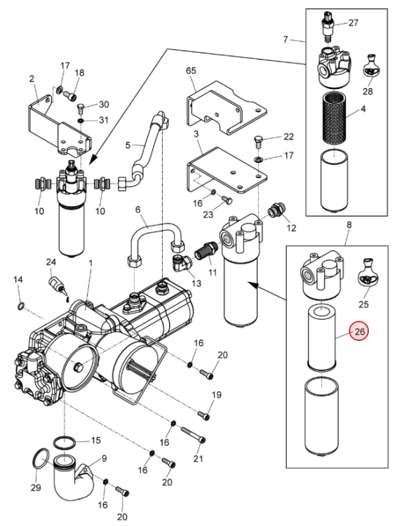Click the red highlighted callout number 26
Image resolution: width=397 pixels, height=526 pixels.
point(359,332)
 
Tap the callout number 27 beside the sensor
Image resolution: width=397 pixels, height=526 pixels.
point(354,23)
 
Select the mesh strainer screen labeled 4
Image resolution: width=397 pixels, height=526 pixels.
point(334,119)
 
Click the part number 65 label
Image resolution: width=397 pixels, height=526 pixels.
point(191,71)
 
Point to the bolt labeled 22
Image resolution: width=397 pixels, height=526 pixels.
point(258,142)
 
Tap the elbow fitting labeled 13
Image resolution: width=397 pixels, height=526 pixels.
point(181,262)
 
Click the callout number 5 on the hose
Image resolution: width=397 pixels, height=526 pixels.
point(128,145)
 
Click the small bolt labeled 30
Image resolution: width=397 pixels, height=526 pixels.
point(81,109)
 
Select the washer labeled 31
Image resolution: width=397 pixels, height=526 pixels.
point(81,120)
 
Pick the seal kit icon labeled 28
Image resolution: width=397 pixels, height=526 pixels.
point(370,65)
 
